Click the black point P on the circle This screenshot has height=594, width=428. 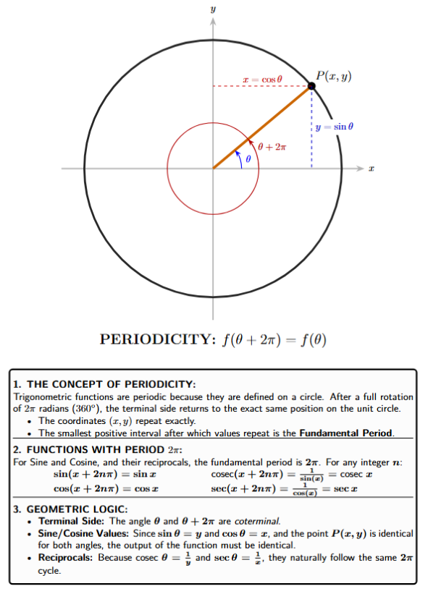click(x=311, y=87)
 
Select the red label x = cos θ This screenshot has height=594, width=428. click(x=261, y=77)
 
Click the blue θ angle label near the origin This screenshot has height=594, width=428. click(x=247, y=159)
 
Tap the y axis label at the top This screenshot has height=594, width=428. click(x=213, y=9)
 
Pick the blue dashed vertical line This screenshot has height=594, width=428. click(x=312, y=137)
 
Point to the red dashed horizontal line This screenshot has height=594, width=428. click(x=239, y=87)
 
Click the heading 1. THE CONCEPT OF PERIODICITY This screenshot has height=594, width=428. click(x=105, y=383)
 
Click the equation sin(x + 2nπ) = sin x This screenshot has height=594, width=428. click(x=105, y=474)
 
